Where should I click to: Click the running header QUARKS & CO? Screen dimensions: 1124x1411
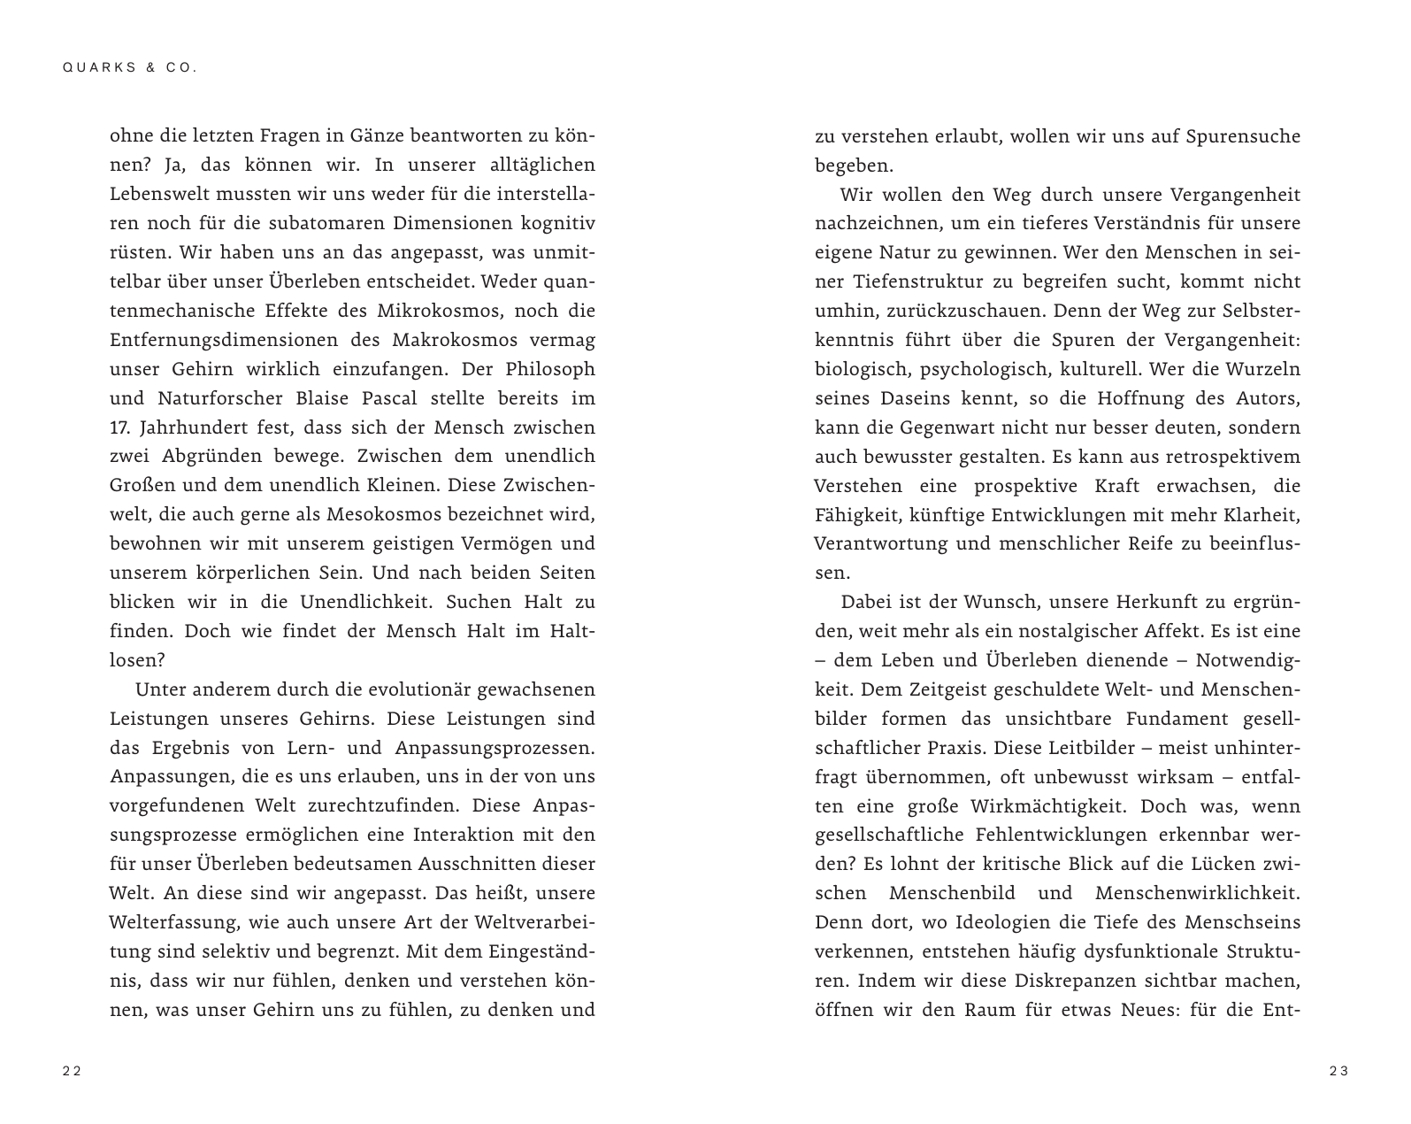[130, 67]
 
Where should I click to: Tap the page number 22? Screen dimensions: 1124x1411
[72, 1071]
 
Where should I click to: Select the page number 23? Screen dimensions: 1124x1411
[1338, 1071]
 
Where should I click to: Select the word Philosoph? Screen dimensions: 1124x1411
[550, 369]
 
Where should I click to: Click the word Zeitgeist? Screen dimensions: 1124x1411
[946, 689]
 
